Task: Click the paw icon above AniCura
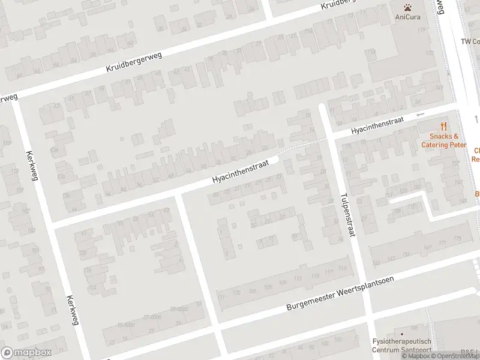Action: click(407, 8)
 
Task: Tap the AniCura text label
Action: click(407, 17)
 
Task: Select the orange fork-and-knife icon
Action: click(444, 127)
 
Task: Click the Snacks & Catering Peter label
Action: click(443, 140)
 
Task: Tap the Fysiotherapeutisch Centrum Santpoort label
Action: click(401, 345)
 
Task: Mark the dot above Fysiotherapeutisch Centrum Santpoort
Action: click(401, 334)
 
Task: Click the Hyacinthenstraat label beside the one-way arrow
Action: click(377, 125)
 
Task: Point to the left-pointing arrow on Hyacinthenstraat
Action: click(420, 115)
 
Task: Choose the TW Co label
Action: click(470, 41)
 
